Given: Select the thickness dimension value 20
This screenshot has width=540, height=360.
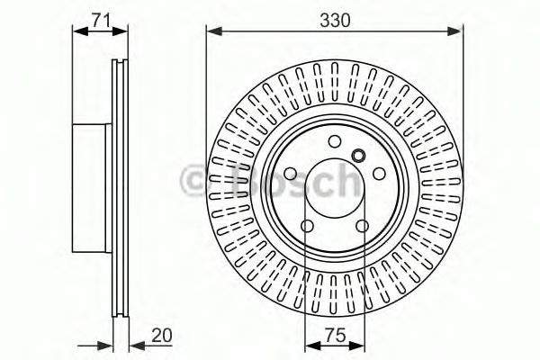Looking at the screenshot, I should (162, 335).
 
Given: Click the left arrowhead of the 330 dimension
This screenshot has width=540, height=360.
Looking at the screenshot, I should (213, 33).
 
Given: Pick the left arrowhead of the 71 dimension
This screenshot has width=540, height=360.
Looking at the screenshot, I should (77, 33).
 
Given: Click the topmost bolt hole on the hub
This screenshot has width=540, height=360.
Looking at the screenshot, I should (334, 141).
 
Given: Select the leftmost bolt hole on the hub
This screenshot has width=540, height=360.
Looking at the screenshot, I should (292, 174).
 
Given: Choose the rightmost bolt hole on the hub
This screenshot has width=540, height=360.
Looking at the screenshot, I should (377, 174).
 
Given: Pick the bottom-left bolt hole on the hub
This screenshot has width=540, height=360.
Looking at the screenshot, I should (308, 225).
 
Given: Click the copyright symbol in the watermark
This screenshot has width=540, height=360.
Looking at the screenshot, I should (196, 180).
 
